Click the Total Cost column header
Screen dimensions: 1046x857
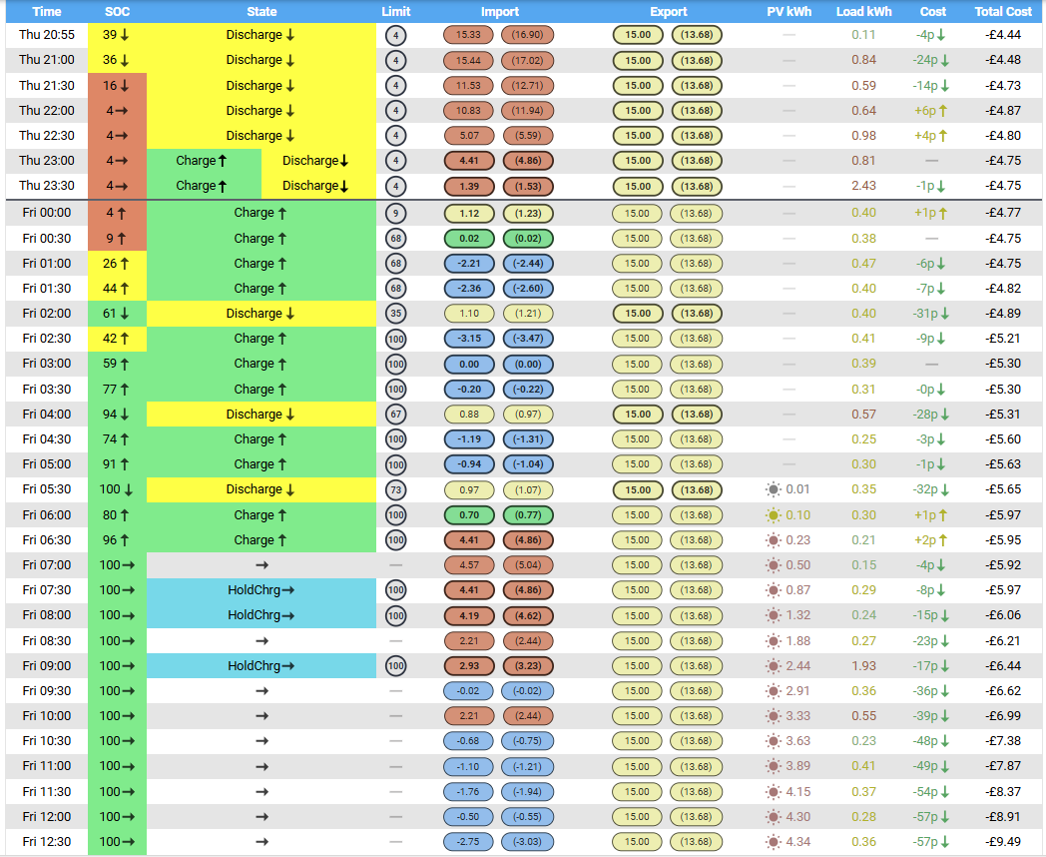click(x=1003, y=11)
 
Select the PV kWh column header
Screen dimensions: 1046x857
click(x=789, y=11)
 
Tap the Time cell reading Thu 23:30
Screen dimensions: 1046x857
click(x=47, y=186)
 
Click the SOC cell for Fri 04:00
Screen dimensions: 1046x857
click(x=117, y=414)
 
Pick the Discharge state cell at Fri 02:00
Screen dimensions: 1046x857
click(x=261, y=313)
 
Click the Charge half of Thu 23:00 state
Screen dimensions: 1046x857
click(x=204, y=160)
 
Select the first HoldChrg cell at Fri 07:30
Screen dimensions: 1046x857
click(x=261, y=590)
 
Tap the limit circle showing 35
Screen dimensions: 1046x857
click(x=396, y=314)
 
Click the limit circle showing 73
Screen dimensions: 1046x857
click(x=396, y=489)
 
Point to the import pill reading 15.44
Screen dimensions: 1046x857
click(x=468, y=61)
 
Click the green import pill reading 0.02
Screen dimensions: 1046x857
click(x=469, y=239)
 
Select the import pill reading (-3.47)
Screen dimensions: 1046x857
click(x=528, y=339)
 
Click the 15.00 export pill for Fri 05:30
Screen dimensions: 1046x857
click(x=638, y=489)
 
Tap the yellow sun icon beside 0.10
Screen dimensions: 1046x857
click(x=774, y=515)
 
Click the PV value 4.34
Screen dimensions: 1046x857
click(x=797, y=842)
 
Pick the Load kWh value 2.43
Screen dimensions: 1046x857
click(x=863, y=186)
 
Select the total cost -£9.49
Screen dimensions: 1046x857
click(x=1003, y=842)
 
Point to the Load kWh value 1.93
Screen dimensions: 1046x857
click(x=863, y=665)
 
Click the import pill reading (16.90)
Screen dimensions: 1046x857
click(x=527, y=35)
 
